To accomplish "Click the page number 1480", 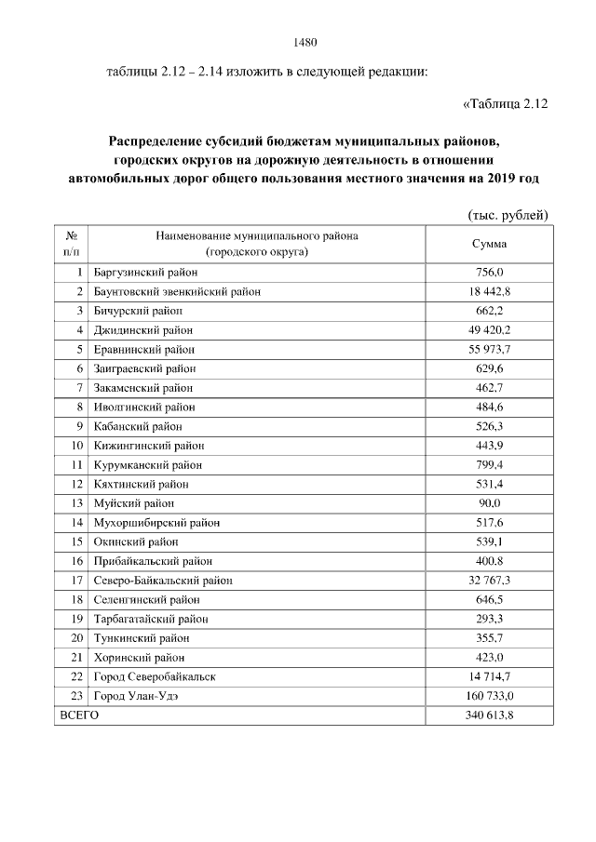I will (305, 42).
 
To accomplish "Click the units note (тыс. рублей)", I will (508, 215).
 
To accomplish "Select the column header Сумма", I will (489, 244).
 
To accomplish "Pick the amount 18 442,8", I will (489, 291).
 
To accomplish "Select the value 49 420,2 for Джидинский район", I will (489, 330).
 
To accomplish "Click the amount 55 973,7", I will (489, 349).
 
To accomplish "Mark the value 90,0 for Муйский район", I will (489, 503).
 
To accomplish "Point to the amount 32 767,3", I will (489, 581).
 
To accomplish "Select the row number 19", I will (77, 619).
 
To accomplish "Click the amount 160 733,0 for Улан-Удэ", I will (489, 696).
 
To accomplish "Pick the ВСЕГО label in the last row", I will (79, 715).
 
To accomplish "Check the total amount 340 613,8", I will (489, 715).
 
